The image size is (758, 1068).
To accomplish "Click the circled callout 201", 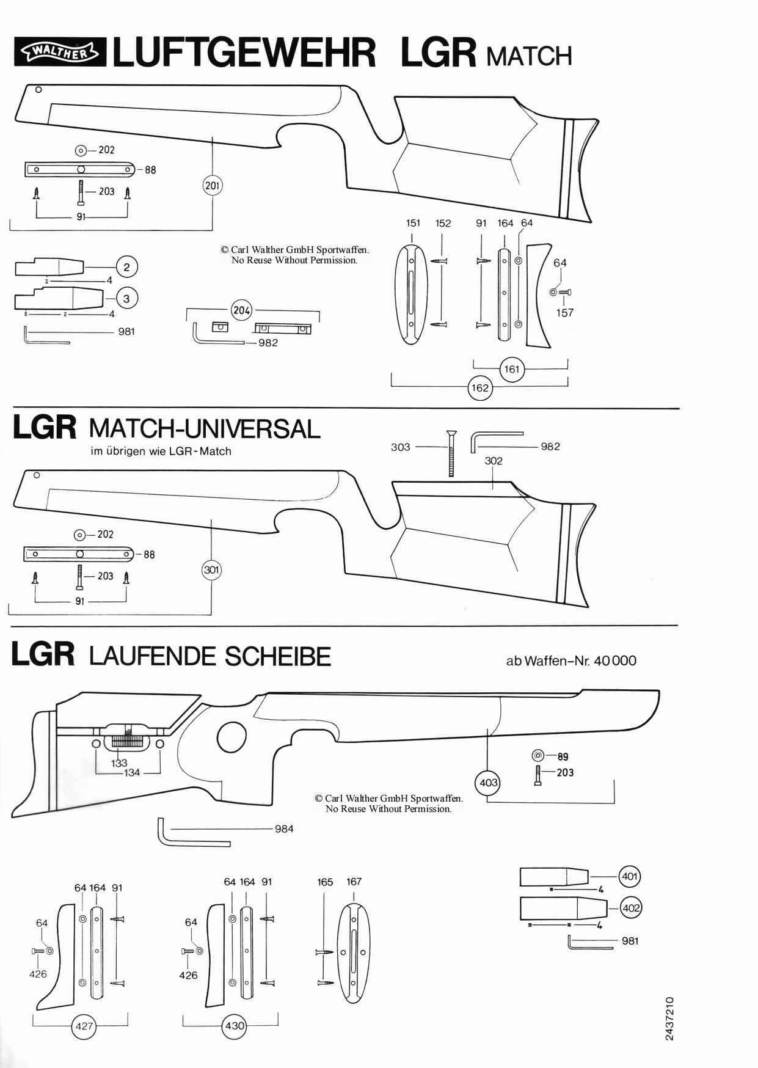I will click(x=212, y=185).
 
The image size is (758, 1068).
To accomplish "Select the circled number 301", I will click(x=211, y=570).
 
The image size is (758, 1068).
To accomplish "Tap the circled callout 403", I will click(x=488, y=783).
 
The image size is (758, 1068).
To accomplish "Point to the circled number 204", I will click(x=242, y=310).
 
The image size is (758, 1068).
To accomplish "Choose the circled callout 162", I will click(x=480, y=388).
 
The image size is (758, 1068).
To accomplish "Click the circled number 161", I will click(x=511, y=369).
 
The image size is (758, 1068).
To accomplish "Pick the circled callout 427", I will click(x=84, y=1025).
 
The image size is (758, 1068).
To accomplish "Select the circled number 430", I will click(x=235, y=1025).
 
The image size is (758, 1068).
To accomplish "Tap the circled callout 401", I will click(x=629, y=876).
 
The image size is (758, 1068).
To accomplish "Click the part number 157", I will click(x=565, y=313).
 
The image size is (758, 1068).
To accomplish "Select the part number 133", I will click(x=119, y=763).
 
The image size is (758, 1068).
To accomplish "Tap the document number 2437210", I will click(x=669, y=1019).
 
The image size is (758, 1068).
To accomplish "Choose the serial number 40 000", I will click(x=614, y=660).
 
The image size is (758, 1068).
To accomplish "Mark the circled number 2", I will click(x=126, y=267).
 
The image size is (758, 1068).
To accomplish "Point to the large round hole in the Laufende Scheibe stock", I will click(x=231, y=737).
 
